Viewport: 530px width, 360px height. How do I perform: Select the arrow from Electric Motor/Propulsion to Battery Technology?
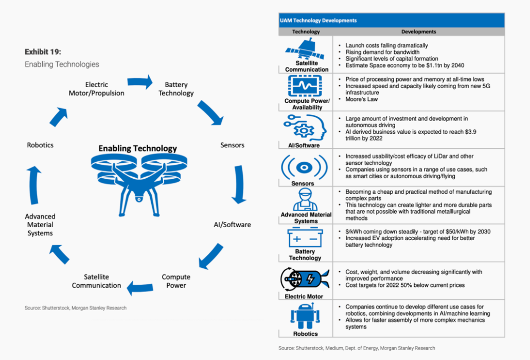pos(140,81)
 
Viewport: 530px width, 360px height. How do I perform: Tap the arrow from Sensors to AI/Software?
pos(238,184)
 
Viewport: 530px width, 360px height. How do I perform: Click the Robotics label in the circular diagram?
pos(40,145)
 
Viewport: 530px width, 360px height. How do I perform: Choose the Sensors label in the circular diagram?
pos(232,145)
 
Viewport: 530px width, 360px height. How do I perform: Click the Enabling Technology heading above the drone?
pos(137,148)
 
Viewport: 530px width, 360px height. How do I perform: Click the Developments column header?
pos(418,31)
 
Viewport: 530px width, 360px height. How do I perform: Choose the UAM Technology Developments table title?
pos(318,21)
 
